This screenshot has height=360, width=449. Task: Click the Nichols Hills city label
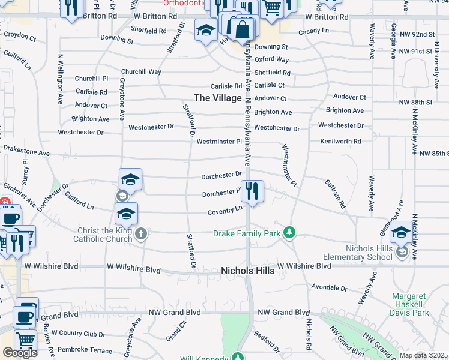[x=248, y=271]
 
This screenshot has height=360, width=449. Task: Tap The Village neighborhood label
[x=218, y=98]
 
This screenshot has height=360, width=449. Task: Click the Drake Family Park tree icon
[x=289, y=232]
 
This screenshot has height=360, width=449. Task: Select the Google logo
[x=20, y=353]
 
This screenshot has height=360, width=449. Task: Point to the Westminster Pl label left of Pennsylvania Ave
[x=219, y=142]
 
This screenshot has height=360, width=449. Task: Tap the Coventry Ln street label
[x=225, y=211]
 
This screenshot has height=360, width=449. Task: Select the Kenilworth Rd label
[x=341, y=142]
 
